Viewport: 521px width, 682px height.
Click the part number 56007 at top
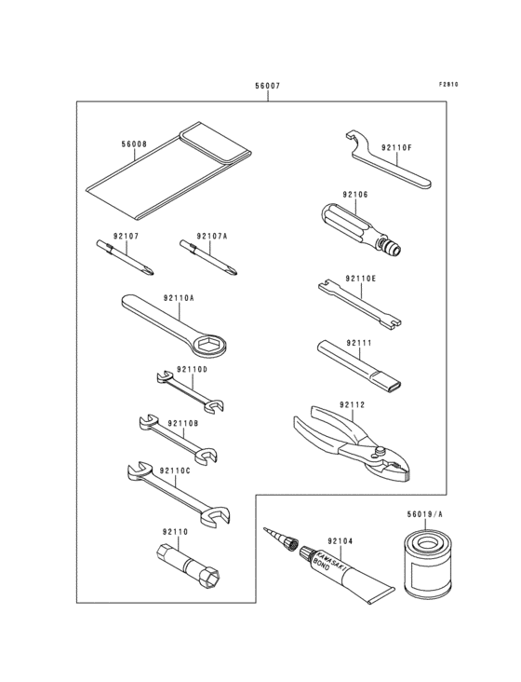click(267, 86)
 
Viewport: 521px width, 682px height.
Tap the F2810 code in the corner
click(449, 85)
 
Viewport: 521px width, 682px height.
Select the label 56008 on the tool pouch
click(134, 144)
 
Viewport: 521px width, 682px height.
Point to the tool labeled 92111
click(357, 364)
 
